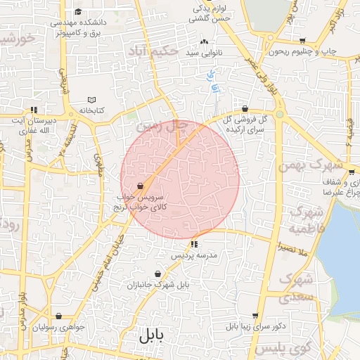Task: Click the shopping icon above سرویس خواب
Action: (141, 186)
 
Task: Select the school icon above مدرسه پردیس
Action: (194, 244)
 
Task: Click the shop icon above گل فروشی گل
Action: (244, 109)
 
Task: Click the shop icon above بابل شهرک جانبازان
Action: (157, 274)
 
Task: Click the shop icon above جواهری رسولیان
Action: (58, 316)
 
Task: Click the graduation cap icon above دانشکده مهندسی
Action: (77, 12)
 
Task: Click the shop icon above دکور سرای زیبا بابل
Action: (255, 316)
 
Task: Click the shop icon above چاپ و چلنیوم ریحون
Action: (302, 41)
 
